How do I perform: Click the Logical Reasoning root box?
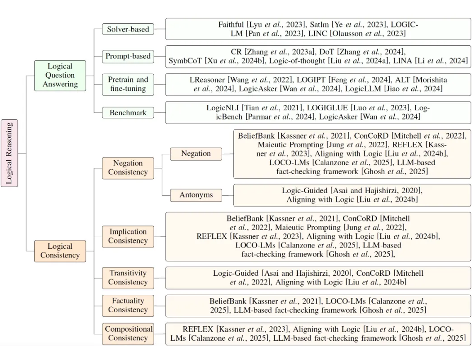pyautogui.click(x=9, y=153)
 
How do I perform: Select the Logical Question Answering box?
pyautogui.click(x=60, y=75)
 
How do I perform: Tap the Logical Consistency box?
pyautogui.click(x=60, y=251)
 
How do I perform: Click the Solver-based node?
pyautogui.click(x=128, y=29)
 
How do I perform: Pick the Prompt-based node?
pyautogui.click(x=128, y=56)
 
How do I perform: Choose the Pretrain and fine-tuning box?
pyautogui.click(x=128, y=84)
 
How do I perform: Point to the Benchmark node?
pyautogui.click(x=128, y=112)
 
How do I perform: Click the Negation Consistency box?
pyautogui.click(x=128, y=168)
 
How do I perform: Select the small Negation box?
pyautogui.click(x=196, y=153)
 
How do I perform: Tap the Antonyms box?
pyautogui.click(x=196, y=195)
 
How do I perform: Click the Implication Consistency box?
pyautogui.click(x=128, y=237)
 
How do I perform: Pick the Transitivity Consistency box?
pyautogui.click(x=128, y=278)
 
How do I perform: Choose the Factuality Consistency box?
pyautogui.click(x=128, y=306)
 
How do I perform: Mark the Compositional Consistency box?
pyautogui.click(x=128, y=334)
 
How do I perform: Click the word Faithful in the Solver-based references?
pyautogui.click(x=231, y=24)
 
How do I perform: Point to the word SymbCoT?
pyautogui.click(x=185, y=61)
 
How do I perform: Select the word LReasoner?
pyautogui.click(x=207, y=80)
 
